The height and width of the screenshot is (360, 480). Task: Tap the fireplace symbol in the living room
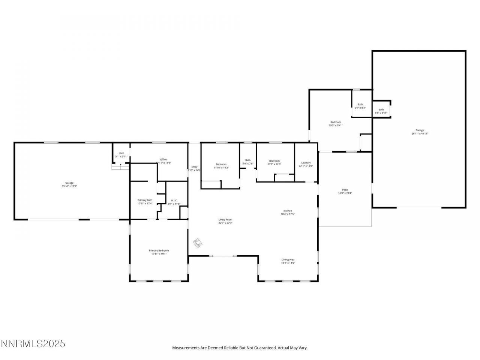coord(198,243)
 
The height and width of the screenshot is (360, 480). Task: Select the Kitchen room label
coord(288,211)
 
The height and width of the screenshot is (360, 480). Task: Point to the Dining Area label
coord(288,259)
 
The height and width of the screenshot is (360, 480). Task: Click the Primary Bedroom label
coord(159,250)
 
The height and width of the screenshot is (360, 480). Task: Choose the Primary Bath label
coord(145,200)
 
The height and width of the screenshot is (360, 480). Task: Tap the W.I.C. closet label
coord(174,201)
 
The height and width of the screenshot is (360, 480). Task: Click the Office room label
coord(163,159)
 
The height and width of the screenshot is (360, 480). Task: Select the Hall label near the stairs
coord(121,153)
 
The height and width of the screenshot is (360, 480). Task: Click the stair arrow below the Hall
coord(120,165)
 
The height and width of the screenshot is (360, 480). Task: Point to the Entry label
coord(194,167)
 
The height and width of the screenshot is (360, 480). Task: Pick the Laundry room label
coord(306,163)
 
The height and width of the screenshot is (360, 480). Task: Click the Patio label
coord(345,190)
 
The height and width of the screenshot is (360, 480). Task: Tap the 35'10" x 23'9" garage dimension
coord(69,186)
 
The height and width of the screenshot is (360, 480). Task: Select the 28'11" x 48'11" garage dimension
coord(420,133)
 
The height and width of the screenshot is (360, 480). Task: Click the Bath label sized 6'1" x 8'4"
coord(360,105)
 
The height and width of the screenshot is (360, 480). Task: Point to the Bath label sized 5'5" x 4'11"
coord(381,109)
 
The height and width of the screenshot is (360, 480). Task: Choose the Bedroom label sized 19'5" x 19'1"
coord(336,122)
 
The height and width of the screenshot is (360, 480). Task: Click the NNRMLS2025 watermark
coord(33,343)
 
